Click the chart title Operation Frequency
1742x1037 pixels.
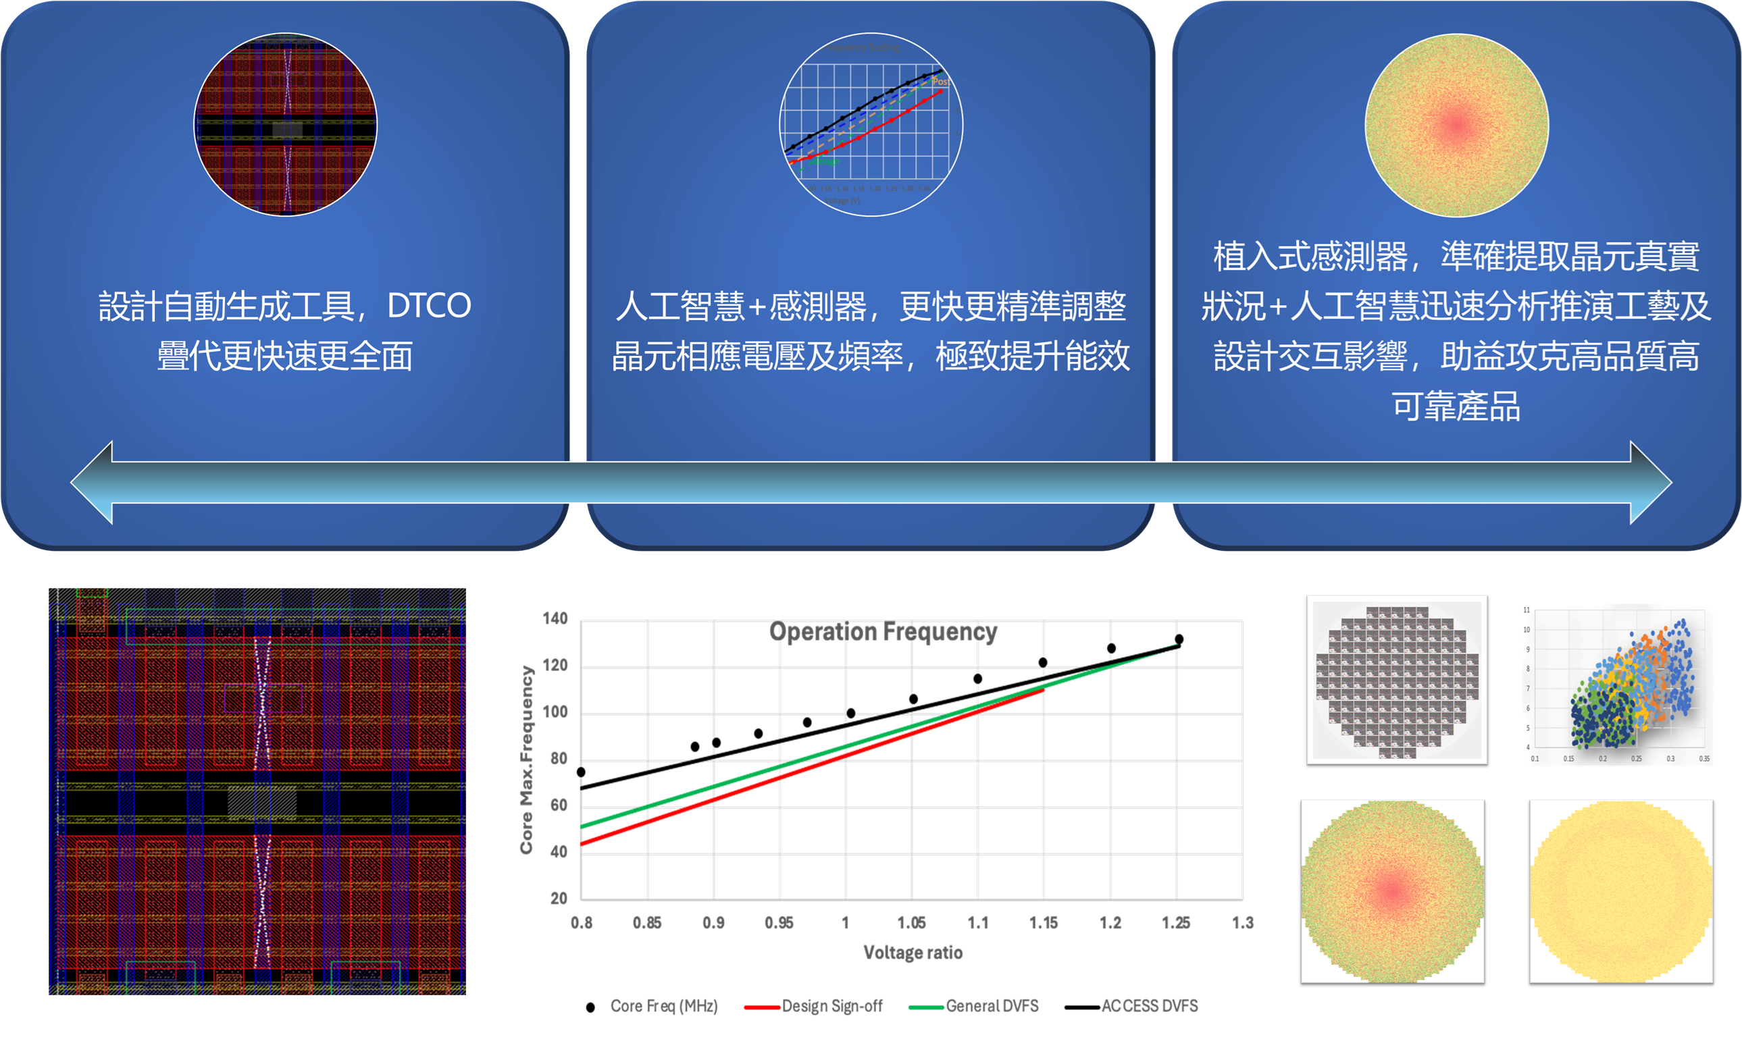883,632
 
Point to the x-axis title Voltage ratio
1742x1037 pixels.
913,953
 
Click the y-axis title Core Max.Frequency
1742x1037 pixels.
526,760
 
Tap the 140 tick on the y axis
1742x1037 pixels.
555,619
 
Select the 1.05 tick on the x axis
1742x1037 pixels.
912,923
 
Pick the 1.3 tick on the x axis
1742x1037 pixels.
1242,923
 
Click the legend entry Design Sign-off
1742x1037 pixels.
831,1006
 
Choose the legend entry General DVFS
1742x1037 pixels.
992,1006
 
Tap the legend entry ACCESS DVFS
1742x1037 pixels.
1149,1006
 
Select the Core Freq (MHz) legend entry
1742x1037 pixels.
663,1006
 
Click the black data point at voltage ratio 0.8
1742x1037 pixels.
581,772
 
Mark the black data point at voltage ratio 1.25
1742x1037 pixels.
1179,639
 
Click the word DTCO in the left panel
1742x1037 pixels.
429,306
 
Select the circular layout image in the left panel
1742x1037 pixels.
285,124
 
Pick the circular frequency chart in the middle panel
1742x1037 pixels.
871,124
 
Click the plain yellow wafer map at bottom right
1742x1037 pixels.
1621,892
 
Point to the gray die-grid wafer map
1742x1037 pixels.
1397,680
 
